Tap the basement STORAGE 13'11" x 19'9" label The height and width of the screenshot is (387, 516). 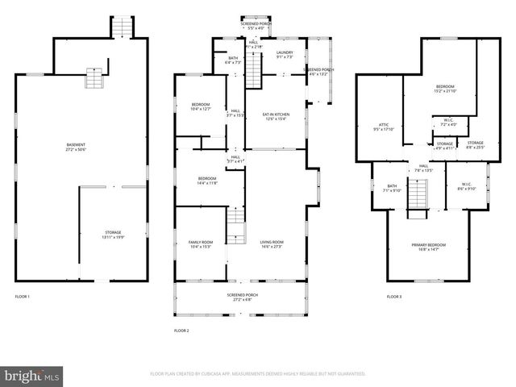tap(113, 234)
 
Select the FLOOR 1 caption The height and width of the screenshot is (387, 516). tap(22, 298)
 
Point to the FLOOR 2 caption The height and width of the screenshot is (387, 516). tap(181, 331)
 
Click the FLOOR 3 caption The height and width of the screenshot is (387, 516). tap(393, 298)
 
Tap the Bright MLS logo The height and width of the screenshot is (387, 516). tap(32, 376)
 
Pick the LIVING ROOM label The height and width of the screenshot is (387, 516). tap(271, 243)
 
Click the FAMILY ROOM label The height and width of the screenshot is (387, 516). tap(201, 243)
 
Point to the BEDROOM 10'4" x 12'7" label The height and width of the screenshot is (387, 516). tap(201, 106)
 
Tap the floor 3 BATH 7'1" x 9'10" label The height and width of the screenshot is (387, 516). tap(392, 188)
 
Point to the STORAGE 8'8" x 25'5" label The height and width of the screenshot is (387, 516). tap(476, 145)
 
